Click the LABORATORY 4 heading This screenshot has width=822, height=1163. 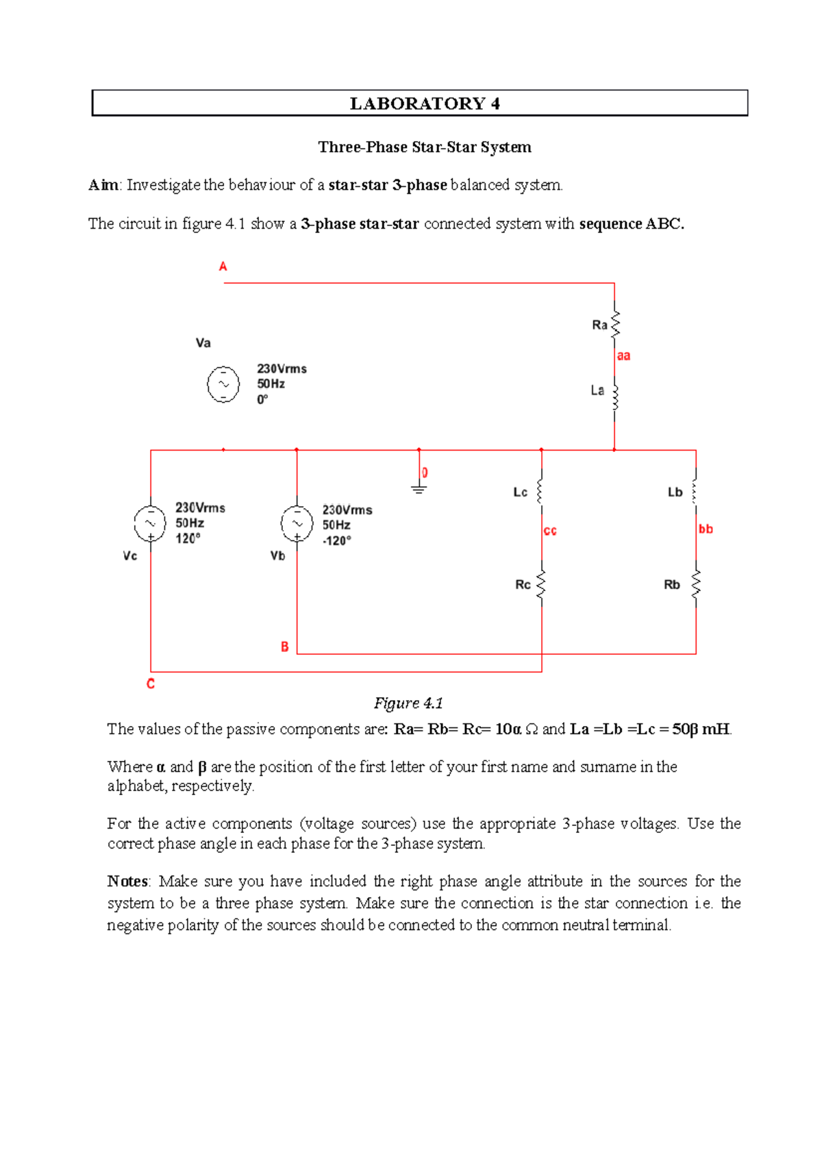click(x=425, y=103)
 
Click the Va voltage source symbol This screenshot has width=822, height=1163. click(x=223, y=384)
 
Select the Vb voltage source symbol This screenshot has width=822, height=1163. click(x=297, y=524)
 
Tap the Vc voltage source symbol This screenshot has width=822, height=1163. click(x=150, y=524)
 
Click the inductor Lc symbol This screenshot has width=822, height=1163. click(x=540, y=491)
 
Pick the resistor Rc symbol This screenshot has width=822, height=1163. click(x=541, y=585)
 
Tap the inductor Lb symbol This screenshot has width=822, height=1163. click(x=695, y=492)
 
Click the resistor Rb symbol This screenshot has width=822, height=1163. click(x=696, y=585)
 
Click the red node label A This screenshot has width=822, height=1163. click(x=223, y=266)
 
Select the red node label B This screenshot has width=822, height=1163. click(x=284, y=647)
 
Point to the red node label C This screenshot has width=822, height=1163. click(x=151, y=684)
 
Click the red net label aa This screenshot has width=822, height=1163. click(x=623, y=355)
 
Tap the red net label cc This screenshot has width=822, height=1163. click(x=550, y=531)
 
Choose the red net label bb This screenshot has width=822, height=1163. click(x=706, y=529)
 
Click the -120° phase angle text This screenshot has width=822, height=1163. click(x=336, y=540)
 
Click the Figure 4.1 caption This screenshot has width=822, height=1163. click(x=408, y=703)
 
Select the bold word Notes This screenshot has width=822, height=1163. click(x=127, y=881)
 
